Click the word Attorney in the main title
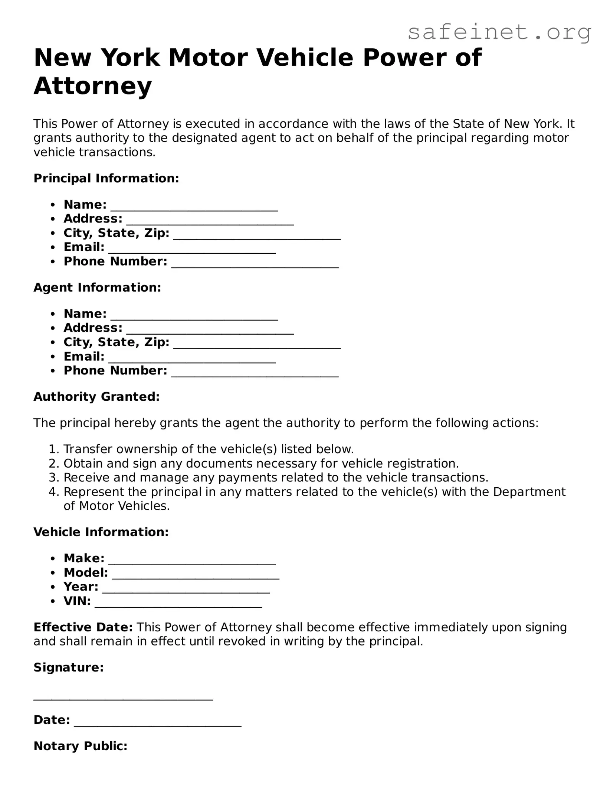click(x=93, y=86)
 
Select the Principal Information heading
click(x=106, y=178)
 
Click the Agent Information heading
click(x=97, y=287)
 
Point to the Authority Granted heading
click(x=96, y=397)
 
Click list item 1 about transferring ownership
click(x=209, y=449)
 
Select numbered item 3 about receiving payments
click(x=276, y=477)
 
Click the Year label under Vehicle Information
click(x=81, y=586)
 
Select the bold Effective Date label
click(x=83, y=627)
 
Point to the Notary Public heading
click(x=81, y=746)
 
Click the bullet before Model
click(x=54, y=573)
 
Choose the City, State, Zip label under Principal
click(x=117, y=233)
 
